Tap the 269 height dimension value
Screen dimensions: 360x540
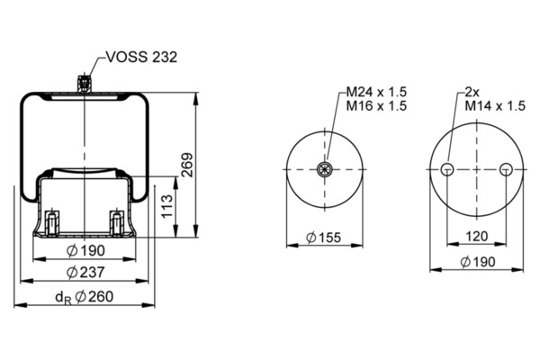click(x=187, y=166)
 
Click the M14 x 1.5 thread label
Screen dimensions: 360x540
click(x=493, y=105)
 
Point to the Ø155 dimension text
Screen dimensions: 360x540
click(x=322, y=238)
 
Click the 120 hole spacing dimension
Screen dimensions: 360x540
click(x=476, y=238)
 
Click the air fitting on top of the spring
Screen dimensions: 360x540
click(x=84, y=83)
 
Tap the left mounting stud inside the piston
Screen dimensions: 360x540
click(x=54, y=220)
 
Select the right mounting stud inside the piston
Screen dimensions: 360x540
click(x=115, y=220)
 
